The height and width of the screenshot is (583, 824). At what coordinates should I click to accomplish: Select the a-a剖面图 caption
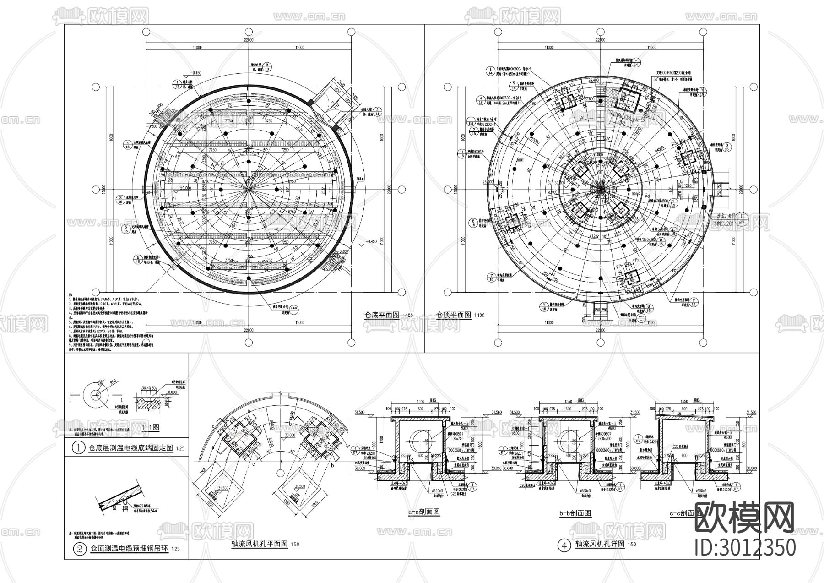click(423, 512)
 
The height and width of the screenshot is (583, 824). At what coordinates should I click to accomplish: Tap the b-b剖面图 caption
click(575, 513)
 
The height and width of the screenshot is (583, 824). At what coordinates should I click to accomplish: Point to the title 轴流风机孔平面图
click(260, 544)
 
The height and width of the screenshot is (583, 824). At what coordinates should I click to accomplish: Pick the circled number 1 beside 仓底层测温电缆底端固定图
click(80, 449)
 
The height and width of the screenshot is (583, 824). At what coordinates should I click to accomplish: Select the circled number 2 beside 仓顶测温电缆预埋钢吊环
click(80, 549)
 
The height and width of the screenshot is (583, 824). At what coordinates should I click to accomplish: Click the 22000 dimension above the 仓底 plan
click(249, 40)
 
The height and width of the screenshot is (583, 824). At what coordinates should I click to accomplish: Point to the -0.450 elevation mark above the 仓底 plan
click(197, 73)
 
